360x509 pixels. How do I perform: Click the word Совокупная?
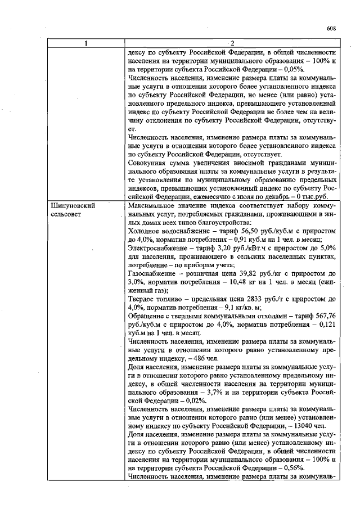(148, 163)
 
